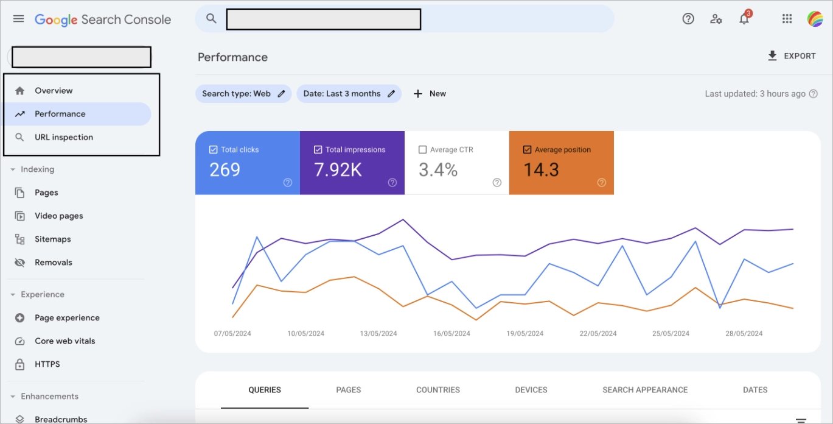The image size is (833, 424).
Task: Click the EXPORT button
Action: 792,56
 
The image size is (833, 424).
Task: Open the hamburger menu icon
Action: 19,19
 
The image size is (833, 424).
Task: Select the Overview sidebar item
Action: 54,91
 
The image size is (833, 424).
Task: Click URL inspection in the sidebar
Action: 64,137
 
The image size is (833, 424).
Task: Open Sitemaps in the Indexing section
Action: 52,239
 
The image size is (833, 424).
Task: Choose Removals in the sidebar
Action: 54,263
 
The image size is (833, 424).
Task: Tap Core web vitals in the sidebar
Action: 64,341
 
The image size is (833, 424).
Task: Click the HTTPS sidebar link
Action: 47,364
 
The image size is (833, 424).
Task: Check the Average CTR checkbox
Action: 423,150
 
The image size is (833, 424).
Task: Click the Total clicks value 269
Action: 225,169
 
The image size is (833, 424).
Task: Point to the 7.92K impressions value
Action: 338,169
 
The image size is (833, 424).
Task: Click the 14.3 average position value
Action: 541,169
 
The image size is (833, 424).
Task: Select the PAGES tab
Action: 349,390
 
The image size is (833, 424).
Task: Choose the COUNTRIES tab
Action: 438,390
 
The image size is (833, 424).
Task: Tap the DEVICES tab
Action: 531,390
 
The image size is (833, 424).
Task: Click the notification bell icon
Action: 744,19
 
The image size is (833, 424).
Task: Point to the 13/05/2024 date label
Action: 378,333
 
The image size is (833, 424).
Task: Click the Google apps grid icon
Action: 787,19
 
